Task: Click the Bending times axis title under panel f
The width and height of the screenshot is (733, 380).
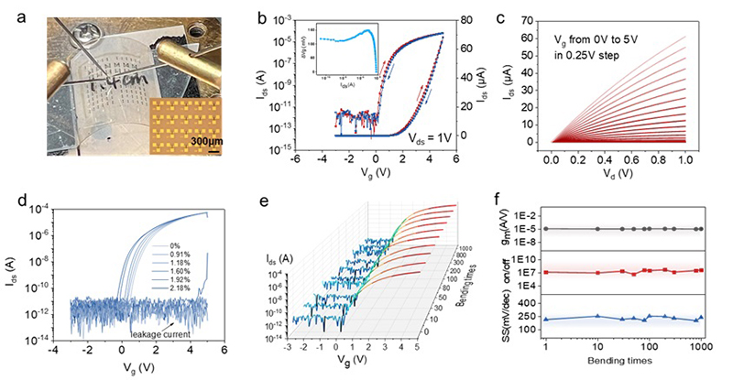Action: point(626,366)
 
